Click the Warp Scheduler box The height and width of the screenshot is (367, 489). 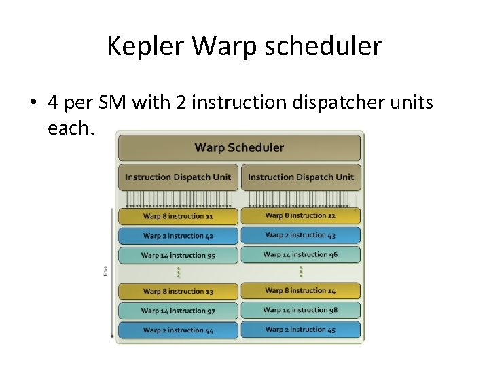239,147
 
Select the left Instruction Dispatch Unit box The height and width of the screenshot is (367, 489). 178,177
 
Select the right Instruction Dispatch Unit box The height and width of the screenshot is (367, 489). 301,177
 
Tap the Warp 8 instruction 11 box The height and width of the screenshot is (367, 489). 178,216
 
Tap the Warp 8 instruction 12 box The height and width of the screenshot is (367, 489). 300,215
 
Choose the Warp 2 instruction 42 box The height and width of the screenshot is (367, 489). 178,236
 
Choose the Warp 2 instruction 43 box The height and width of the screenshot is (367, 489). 300,235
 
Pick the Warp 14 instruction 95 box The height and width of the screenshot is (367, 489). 178,256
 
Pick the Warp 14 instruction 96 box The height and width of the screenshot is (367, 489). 300,255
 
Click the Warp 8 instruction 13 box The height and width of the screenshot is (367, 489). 178,292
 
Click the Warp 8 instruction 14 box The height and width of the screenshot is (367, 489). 300,291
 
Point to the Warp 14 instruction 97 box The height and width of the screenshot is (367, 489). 178,311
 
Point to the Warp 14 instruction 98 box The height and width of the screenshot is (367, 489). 300,310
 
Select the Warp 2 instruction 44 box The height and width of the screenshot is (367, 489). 178,330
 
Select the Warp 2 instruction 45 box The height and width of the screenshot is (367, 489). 300,330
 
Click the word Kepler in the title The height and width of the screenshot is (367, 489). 146,47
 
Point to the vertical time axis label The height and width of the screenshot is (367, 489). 105,271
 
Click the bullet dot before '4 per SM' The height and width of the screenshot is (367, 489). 33,103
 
